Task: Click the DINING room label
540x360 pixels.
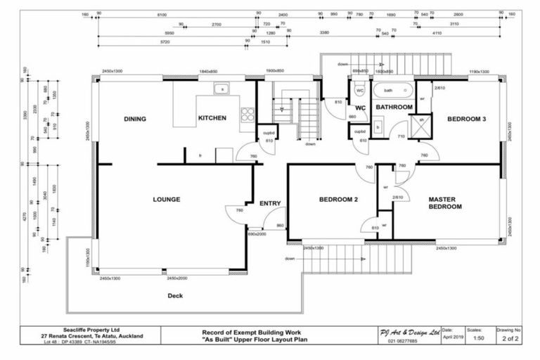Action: tap(134, 119)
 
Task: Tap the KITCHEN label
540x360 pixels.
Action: tap(212, 118)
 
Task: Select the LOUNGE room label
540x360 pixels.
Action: tap(166, 200)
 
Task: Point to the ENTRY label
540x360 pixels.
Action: tap(270, 204)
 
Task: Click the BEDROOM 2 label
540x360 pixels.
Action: tap(339, 200)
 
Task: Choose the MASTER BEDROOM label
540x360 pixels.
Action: tap(445, 203)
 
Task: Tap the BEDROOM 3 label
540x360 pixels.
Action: tap(466, 119)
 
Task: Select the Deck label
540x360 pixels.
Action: tap(175, 296)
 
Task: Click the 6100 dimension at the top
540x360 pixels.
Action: tap(162, 14)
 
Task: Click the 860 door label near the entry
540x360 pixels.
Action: tap(279, 225)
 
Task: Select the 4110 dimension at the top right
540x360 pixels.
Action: tap(437, 32)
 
